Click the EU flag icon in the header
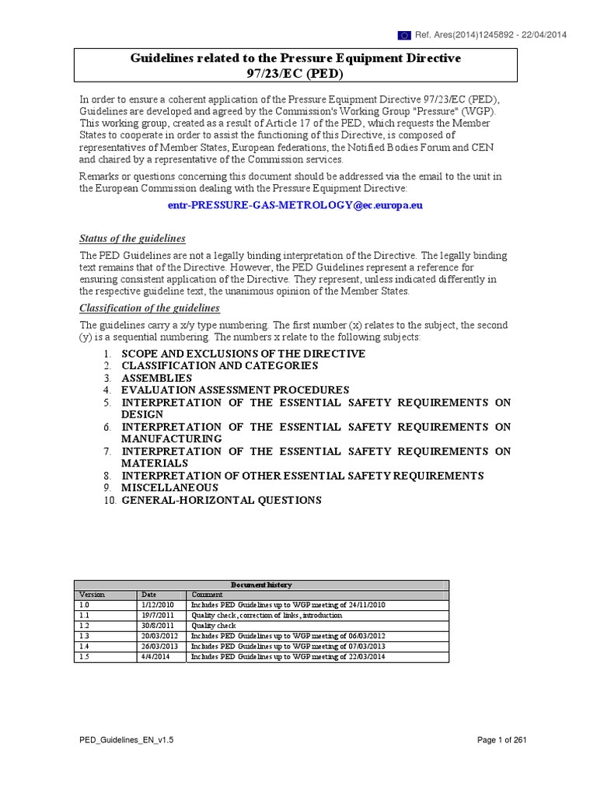[405, 35]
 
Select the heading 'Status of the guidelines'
[133, 239]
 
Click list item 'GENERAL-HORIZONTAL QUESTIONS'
[221, 500]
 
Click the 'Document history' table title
[261, 585]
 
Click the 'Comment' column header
[208, 595]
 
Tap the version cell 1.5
[85, 656]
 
